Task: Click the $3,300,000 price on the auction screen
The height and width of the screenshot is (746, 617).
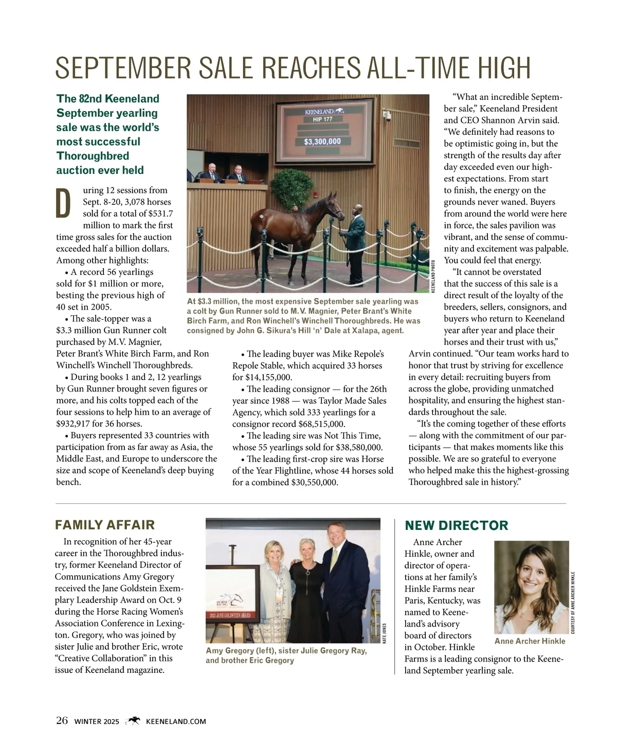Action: pos(322,141)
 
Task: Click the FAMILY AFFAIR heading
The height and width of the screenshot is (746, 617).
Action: pos(105,525)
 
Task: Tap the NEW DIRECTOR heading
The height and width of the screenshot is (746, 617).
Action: pos(457,525)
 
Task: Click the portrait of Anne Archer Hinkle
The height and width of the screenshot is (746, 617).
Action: pos(531,587)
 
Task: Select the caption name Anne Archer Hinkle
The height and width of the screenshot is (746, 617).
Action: pos(530,641)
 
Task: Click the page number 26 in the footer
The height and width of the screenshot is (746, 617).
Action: pos(62,721)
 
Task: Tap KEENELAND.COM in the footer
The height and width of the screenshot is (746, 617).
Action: pos(176,721)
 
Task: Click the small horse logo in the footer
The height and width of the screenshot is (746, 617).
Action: pos(133,721)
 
